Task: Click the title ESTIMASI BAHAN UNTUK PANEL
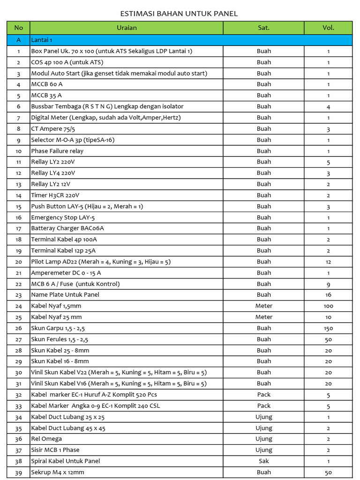179,14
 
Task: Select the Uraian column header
127,28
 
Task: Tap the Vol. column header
328,28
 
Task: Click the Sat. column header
264,28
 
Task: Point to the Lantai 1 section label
42,40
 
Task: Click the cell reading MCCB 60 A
46,84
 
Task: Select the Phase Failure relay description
57,151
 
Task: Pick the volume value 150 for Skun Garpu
328,329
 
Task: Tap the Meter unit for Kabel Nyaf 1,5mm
264,306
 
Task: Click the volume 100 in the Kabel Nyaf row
328,306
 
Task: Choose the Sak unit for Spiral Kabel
264,461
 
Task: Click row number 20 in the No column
19,262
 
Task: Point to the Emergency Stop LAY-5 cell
63,217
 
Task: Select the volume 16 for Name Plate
328,295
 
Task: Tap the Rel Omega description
46,439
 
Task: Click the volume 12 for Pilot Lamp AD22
328,262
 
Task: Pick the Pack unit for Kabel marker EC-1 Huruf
264,395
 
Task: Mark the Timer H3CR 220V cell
55,195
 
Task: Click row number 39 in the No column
19,472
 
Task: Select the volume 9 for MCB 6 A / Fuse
328,284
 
